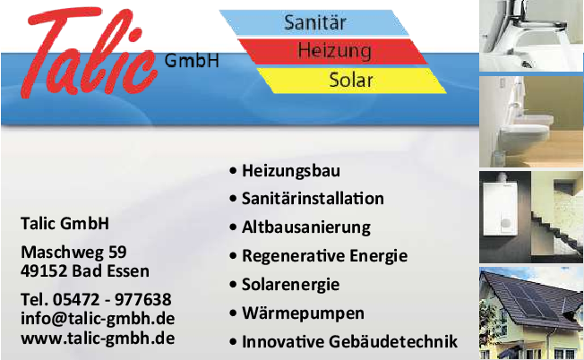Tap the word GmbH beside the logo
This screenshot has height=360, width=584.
(x=192, y=61)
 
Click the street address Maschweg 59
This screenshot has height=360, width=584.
(x=73, y=251)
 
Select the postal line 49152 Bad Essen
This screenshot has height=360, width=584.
(x=85, y=270)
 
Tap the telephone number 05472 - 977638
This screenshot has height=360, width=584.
(x=96, y=298)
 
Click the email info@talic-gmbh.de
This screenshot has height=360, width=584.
(x=98, y=318)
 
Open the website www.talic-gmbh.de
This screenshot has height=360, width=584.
(x=98, y=338)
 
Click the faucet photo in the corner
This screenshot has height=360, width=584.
(x=531, y=36)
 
